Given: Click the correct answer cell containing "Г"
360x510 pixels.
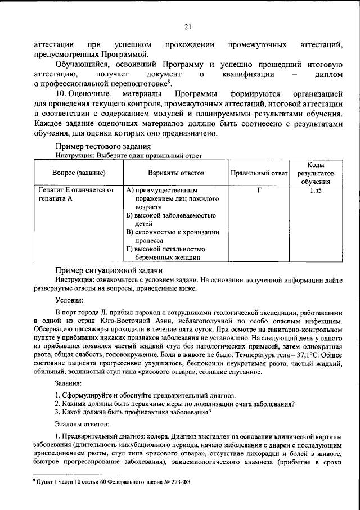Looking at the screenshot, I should tap(259, 191).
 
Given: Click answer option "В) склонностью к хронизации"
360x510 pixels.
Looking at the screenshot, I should tap(173, 232).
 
